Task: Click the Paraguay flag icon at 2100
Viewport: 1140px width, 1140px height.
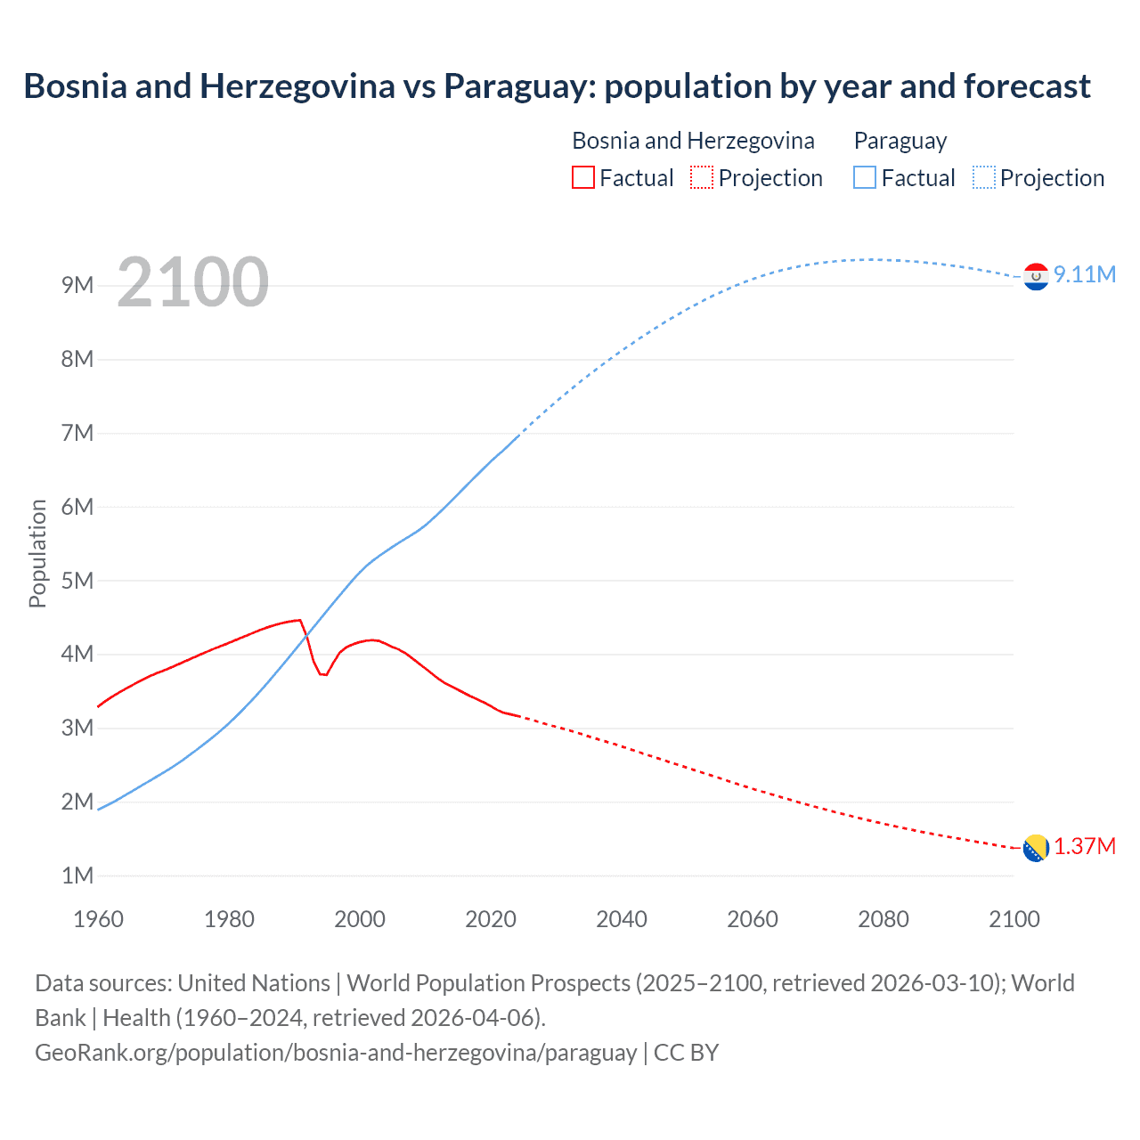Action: click(x=1036, y=277)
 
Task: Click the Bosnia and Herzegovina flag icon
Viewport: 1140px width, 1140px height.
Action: click(x=1036, y=849)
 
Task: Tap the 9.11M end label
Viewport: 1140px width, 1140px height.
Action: click(x=1084, y=274)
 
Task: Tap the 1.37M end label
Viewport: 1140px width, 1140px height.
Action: click(x=1084, y=846)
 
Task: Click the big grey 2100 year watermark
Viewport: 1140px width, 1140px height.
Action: click(x=192, y=282)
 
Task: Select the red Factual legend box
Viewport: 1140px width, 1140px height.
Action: click(x=583, y=177)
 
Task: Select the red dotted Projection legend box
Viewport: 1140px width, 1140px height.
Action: click(x=702, y=177)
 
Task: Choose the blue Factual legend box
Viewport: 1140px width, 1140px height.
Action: click(x=865, y=177)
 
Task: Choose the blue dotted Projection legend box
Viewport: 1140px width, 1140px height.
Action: click(x=984, y=177)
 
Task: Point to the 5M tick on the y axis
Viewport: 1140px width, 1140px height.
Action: click(x=77, y=581)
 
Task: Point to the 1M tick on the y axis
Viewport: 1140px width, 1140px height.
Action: click(x=77, y=875)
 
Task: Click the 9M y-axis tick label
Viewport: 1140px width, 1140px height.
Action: click(x=77, y=285)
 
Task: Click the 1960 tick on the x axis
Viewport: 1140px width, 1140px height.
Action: click(x=98, y=919)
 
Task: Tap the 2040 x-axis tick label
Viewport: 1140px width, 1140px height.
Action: click(x=622, y=919)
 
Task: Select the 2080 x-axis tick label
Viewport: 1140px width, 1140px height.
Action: click(x=883, y=919)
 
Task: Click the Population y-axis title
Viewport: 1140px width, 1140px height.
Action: click(x=37, y=553)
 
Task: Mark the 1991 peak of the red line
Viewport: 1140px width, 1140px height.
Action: click(x=300, y=620)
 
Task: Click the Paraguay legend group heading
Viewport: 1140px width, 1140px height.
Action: click(x=900, y=141)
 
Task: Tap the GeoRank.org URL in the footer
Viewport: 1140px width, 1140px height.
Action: click(x=336, y=1053)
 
